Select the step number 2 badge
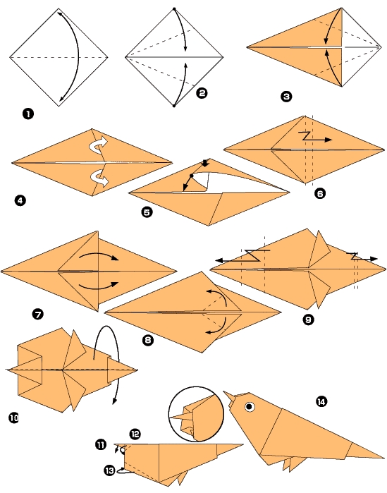[202, 92]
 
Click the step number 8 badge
[147, 340]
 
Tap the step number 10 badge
[13, 418]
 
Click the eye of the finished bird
[249, 407]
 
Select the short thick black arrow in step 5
[205, 164]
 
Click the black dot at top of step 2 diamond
[173, 9]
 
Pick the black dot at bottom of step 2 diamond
[173, 106]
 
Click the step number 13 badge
[109, 470]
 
